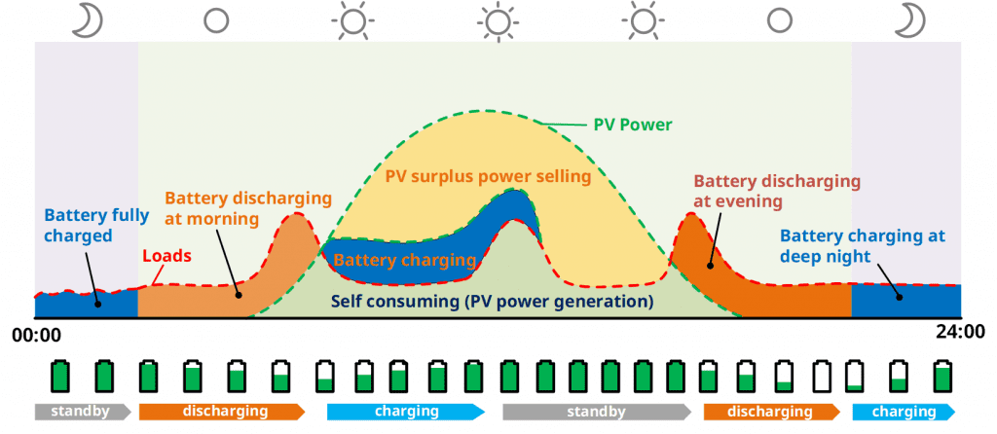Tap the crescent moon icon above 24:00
pyautogui.click(x=912, y=19)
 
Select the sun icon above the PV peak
pyautogui.click(x=499, y=19)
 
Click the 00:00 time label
pyautogui.click(x=37, y=335)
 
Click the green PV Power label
pyautogui.click(x=633, y=126)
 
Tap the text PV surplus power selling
pyautogui.click(x=488, y=177)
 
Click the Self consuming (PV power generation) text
pyautogui.click(x=493, y=302)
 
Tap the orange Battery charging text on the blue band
pyautogui.click(x=404, y=261)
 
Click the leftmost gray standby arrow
pyautogui.click(x=82, y=412)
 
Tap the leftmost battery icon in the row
pyautogui.click(x=60, y=376)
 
